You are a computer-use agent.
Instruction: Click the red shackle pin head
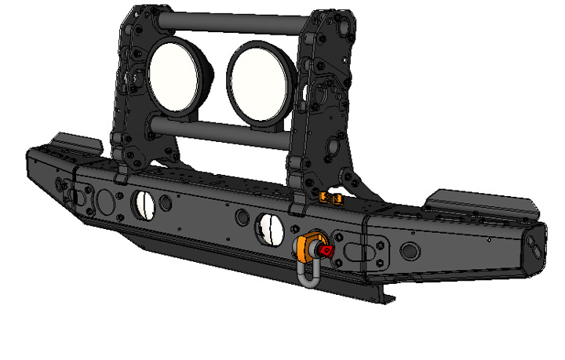tap(326, 250)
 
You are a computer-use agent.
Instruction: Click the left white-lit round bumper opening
tap(144, 202)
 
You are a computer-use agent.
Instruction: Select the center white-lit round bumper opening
tap(269, 227)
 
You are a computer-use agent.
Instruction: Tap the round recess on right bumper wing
tap(410, 251)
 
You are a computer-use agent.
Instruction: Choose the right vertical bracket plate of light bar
tap(326, 102)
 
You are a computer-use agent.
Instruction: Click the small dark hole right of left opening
tap(165, 202)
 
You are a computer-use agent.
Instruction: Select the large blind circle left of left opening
tap(103, 202)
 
